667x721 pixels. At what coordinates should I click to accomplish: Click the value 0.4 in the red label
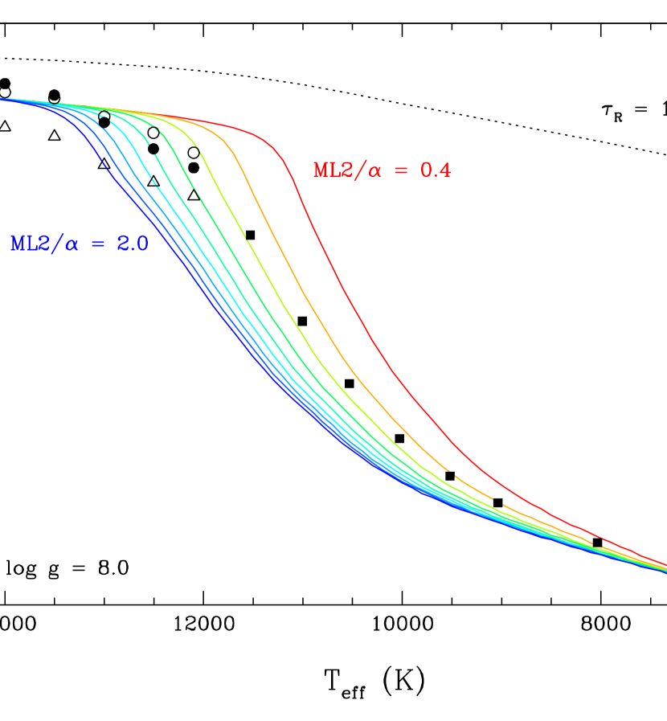(x=436, y=170)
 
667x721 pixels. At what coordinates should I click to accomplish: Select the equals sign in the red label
(x=404, y=171)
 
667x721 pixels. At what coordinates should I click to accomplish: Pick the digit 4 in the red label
(x=446, y=170)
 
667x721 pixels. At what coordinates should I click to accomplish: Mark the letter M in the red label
(x=319, y=170)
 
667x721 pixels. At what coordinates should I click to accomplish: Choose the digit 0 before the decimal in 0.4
(x=425, y=170)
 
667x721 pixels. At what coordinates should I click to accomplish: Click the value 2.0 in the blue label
(x=133, y=244)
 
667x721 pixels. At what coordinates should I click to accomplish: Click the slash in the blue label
(x=55, y=244)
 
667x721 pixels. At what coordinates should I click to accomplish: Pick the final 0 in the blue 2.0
(x=143, y=244)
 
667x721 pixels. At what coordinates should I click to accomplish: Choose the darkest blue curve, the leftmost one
(x=161, y=241)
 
